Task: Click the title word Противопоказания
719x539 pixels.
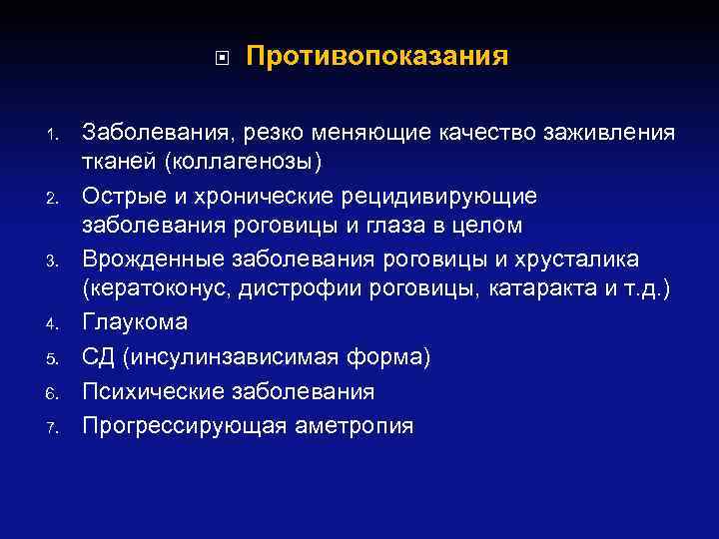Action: (376, 55)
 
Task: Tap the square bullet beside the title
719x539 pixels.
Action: (221, 57)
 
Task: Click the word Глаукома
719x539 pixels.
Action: (134, 323)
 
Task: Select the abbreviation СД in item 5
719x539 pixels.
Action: (99, 356)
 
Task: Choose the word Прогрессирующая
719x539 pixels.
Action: (186, 425)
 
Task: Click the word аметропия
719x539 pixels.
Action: (355, 425)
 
